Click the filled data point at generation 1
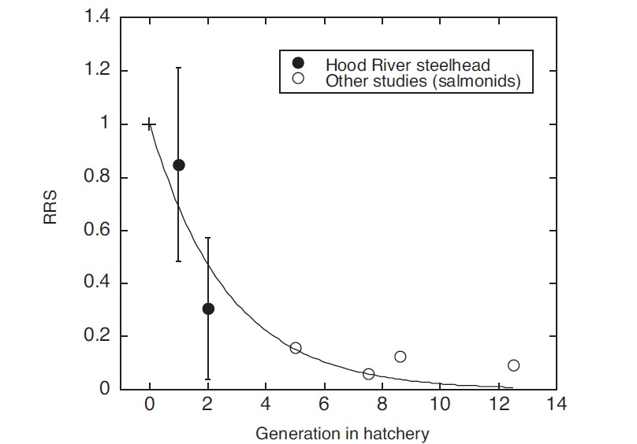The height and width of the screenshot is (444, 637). pos(179,165)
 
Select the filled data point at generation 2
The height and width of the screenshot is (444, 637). pos(208,309)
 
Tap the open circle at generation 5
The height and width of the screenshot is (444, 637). pos(296,348)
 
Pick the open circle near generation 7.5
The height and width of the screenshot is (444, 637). pos(368,374)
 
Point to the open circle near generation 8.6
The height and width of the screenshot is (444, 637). pos(400,357)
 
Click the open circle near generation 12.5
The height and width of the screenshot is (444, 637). pos(514,365)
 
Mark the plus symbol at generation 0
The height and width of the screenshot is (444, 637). pos(150,124)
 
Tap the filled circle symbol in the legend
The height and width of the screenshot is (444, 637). pos(298,63)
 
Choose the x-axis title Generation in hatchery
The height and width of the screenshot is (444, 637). pos(342,433)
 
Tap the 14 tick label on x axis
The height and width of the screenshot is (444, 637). pos(557,405)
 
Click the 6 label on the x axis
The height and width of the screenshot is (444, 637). pos(324,405)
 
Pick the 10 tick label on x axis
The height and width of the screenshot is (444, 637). pos(440,405)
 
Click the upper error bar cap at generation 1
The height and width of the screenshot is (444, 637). pos(179,68)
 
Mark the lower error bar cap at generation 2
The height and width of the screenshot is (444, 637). pos(208,379)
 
